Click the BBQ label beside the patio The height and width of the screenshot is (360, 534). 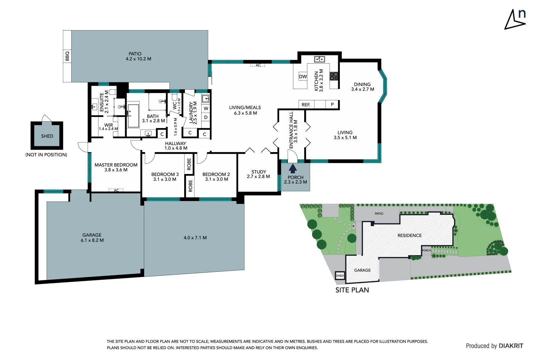[x=67, y=56]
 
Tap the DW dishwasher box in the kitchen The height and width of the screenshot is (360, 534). [x=303, y=77]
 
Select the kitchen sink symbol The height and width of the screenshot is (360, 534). [x=319, y=59]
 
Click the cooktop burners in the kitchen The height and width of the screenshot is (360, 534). [x=334, y=76]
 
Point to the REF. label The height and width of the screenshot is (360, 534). [x=306, y=105]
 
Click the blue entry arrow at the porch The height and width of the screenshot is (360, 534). [x=292, y=168]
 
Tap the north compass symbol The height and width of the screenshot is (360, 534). [x=515, y=19]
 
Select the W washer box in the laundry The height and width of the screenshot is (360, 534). [x=206, y=108]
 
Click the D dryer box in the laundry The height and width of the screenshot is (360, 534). [x=206, y=117]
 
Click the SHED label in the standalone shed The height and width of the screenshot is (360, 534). [x=47, y=136]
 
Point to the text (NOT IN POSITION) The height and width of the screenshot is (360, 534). [x=46, y=155]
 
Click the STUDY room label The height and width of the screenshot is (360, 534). [x=259, y=172]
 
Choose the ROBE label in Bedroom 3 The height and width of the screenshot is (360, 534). [x=189, y=164]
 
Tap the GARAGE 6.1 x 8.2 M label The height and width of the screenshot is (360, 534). [x=92, y=238]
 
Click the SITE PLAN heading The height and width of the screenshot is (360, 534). [x=352, y=290]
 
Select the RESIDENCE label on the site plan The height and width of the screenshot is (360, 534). [x=409, y=235]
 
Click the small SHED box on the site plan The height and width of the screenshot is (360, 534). [x=340, y=276]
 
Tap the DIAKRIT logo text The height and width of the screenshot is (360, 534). [x=511, y=346]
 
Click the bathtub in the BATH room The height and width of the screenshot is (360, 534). [x=133, y=116]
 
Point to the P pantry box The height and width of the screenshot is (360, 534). [x=332, y=105]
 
